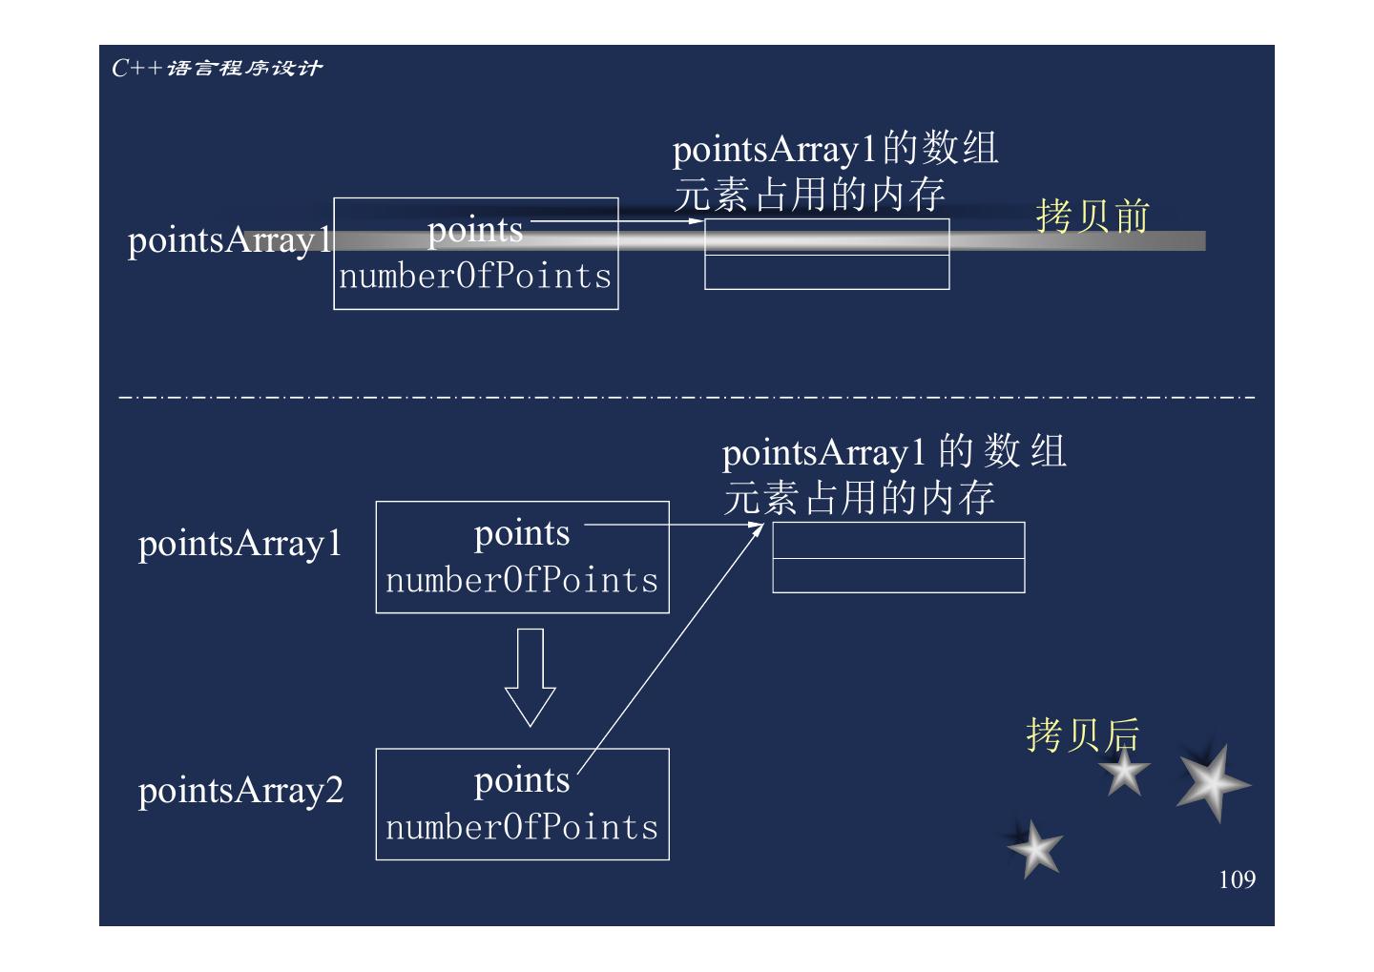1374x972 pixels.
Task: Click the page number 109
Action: [1237, 879]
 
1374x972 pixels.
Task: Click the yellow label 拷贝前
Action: [1093, 216]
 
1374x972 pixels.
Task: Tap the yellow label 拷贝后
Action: [1083, 734]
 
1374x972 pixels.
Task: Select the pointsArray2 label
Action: [240, 791]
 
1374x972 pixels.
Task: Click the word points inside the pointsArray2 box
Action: [522, 780]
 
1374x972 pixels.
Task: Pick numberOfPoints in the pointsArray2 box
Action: [522, 827]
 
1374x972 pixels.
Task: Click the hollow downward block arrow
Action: [530, 676]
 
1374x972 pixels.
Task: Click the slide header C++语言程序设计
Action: [217, 68]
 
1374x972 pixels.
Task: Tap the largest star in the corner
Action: [1211, 783]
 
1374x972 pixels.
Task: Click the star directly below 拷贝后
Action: [1124, 772]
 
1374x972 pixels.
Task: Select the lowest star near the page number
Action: [1034, 849]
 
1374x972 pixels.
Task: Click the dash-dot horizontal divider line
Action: [687, 396]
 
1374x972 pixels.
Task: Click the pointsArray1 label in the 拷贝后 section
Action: [239, 544]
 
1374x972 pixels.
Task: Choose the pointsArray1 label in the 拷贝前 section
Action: [229, 240]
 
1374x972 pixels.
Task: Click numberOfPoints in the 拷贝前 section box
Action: [475, 277]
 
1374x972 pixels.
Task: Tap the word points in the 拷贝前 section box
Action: [475, 230]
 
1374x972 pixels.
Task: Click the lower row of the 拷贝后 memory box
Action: [898, 575]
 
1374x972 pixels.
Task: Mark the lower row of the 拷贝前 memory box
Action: [826, 272]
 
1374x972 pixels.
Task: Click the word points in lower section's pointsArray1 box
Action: [522, 533]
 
